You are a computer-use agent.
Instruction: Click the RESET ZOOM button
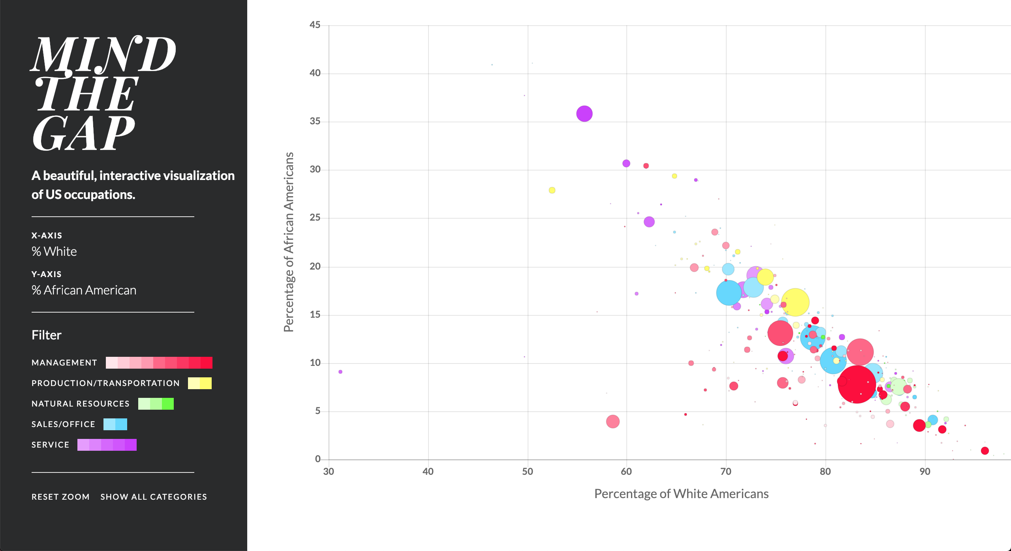coord(60,497)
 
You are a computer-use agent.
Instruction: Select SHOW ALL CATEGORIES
coord(154,497)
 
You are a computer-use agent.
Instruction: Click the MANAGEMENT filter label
coord(64,362)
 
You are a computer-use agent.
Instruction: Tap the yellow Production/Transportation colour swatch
coord(200,383)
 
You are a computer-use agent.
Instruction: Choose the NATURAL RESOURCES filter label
coord(81,403)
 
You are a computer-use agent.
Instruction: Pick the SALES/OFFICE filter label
coord(64,424)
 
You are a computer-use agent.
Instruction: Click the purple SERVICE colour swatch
coord(107,445)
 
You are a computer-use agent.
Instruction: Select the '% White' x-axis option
coord(54,251)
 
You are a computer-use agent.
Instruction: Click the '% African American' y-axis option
coord(84,290)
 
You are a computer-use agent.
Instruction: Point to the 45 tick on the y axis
coord(315,25)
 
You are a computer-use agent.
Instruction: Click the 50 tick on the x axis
coord(528,471)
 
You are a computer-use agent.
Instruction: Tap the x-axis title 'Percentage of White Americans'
coord(681,494)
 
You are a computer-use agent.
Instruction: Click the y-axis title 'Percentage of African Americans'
coord(289,242)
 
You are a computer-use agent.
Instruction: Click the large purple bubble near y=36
coord(584,114)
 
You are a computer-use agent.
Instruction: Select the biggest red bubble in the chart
coord(857,384)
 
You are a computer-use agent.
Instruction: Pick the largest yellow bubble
coord(795,302)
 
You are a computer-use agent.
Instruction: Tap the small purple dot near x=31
coord(340,372)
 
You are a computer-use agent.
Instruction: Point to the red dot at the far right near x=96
coord(985,451)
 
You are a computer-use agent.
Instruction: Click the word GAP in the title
coord(84,133)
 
